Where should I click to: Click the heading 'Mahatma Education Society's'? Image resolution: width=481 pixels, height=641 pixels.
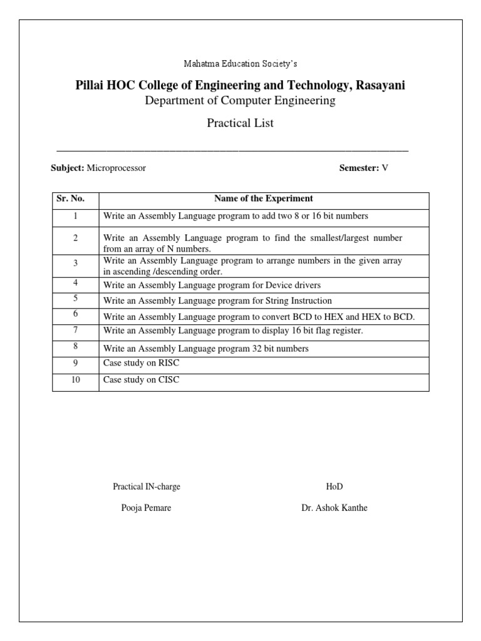point(240,63)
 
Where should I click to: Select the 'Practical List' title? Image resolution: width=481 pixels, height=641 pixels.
point(240,123)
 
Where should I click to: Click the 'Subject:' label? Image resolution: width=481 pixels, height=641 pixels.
point(67,168)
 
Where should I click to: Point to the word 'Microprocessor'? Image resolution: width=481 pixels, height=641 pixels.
point(116,168)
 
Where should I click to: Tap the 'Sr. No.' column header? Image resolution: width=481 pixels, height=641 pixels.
point(70,199)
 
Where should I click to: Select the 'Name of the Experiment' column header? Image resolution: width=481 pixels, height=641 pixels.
point(264,199)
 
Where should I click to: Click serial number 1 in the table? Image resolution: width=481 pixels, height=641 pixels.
point(75,216)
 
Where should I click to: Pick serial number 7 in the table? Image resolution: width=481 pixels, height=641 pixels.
point(75,329)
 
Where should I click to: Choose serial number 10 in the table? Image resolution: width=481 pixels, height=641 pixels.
point(75,380)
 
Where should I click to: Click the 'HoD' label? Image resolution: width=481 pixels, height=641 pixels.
point(334,486)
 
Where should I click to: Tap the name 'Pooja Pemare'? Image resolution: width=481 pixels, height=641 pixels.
point(146,508)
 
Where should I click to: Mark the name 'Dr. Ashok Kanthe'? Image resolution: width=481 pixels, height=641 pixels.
point(334,508)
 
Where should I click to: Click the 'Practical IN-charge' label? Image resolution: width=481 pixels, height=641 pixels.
point(147,486)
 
